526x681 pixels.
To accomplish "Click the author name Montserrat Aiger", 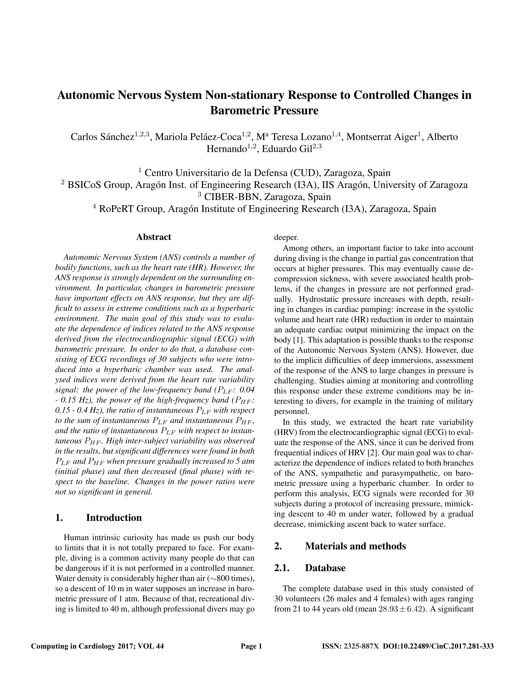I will click(x=381, y=137).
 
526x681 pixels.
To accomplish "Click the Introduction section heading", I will click(x=114, y=518).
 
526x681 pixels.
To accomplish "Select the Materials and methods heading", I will click(x=355, y=546).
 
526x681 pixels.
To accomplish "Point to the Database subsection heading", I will click(x=325, y=568).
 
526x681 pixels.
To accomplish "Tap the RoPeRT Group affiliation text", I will click(x=267, y=209).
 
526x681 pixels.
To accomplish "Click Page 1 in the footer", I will click(x=251, y=646).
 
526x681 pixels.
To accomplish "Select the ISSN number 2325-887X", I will click(x=361, y=646).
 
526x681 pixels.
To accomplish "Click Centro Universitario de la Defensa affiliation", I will click(x=267, y=173).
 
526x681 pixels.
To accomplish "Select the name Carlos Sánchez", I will click(x=102, y=137).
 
